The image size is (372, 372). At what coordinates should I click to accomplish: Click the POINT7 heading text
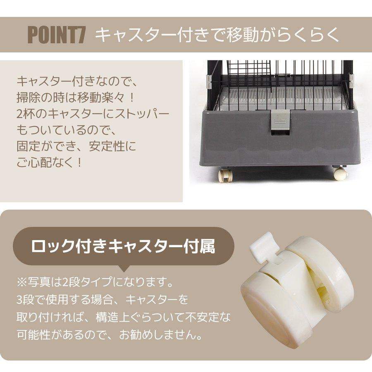point(57,35)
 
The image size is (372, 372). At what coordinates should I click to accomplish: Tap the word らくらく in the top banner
point(308,35)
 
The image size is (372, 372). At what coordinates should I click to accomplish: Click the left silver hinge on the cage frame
point(209,82)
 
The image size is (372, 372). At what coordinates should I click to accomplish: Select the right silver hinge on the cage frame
point(351,82)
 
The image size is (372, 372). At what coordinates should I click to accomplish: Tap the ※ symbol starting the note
point(21,282)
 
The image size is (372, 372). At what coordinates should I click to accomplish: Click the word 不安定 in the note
point(203,317)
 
